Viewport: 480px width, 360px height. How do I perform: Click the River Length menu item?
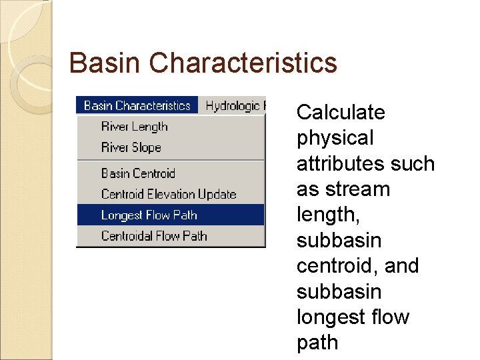(x=134, y=127)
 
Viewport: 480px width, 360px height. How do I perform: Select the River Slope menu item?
(x=131, y=147)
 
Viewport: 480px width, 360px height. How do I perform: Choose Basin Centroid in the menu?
(x=137, y=173)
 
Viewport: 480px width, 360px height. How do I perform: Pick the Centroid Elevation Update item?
(x=169, y=194)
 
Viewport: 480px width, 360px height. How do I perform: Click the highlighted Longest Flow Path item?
(x=149, y=215)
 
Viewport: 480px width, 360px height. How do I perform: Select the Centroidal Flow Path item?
(x=154, y=235)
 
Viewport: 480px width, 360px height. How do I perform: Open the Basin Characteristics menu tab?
(x=137, y=105)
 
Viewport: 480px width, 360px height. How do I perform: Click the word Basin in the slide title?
(x=105, y=63)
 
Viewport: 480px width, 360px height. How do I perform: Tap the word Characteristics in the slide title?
(x=243, y=63)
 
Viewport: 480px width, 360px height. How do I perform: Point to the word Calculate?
(x=341, y=112)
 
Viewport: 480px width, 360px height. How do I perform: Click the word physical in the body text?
(x=335, y=138)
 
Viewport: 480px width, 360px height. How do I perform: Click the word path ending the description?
(x=317, y=343)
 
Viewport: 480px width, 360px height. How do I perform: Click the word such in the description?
(x=414, y=163)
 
